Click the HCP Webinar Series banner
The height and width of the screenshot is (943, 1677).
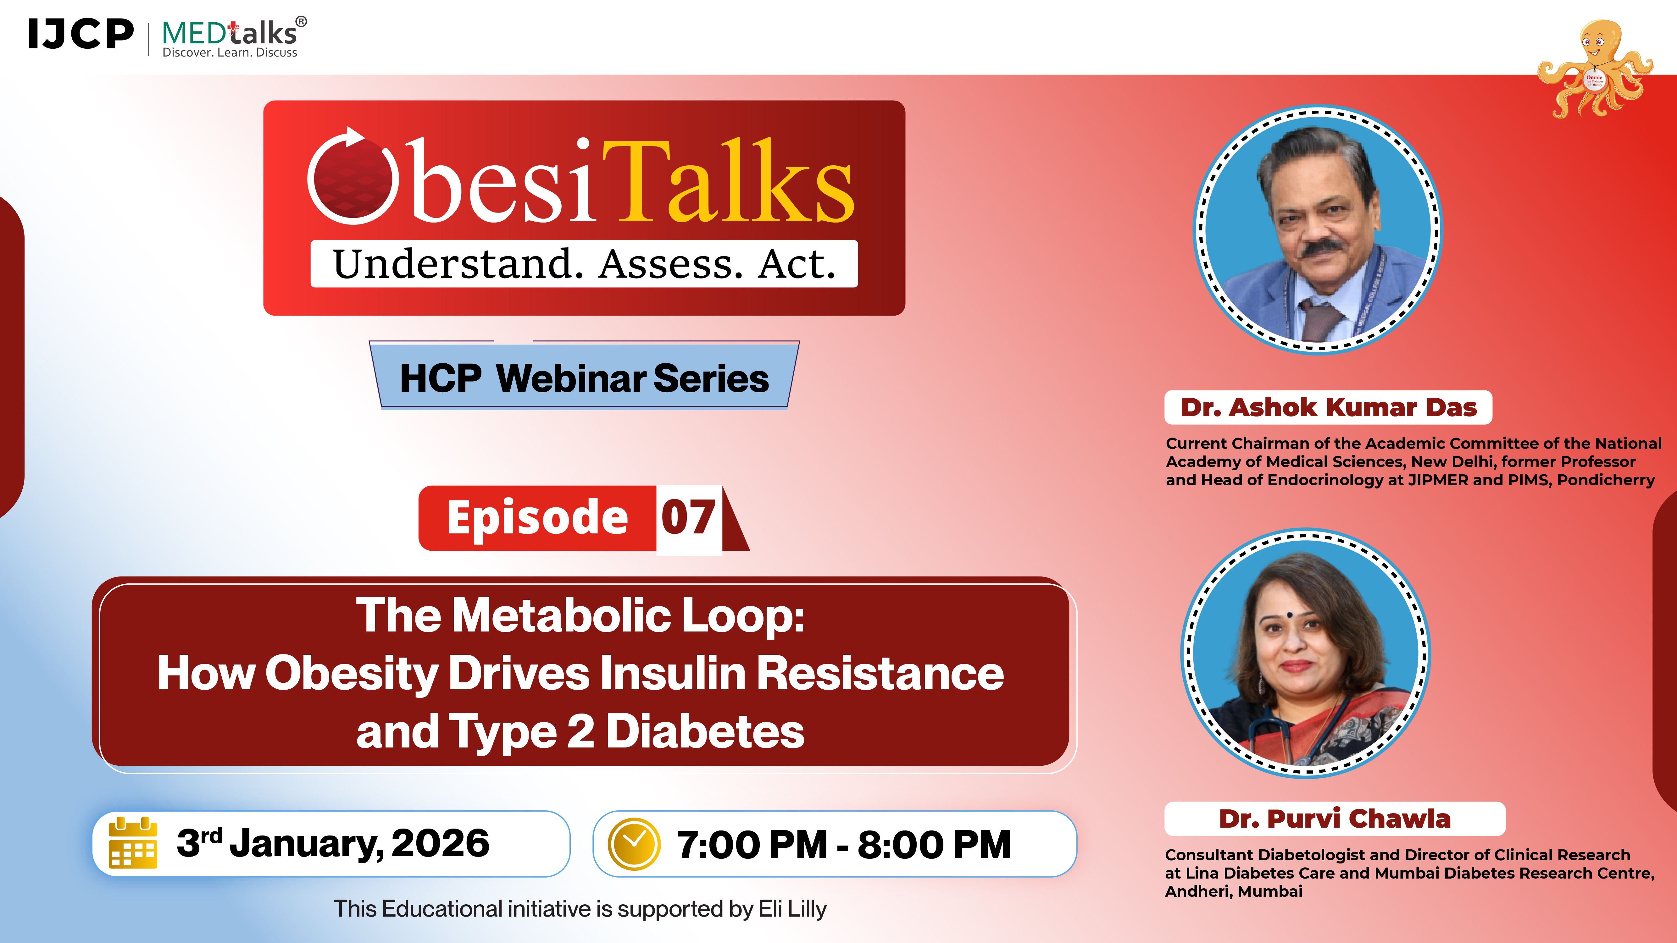(x=584, y=378)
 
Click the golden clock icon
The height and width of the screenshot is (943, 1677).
(x=633, y=844)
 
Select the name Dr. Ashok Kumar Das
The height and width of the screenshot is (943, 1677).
(x=1328, y=407)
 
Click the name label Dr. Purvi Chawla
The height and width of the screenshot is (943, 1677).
(x=1335, y=819)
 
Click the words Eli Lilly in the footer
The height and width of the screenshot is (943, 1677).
(x=792, y=908)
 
